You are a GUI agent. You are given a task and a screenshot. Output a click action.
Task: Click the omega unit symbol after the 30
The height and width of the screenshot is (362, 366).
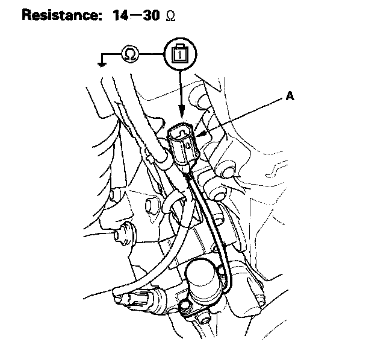pyautogui.click(x=170, y=16)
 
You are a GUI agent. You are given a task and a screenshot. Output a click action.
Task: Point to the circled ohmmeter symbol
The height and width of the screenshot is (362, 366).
pyautogui.click(x=130, y=55)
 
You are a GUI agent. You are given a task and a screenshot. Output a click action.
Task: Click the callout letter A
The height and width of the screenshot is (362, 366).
pyautogui.click(x=290, y=96)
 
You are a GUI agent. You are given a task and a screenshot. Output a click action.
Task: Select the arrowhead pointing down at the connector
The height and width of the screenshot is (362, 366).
pyautogui.click(x=181, y=115)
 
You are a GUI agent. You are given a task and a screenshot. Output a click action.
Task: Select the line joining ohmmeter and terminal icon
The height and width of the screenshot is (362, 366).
pyautogui.click(x=152, y=55)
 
